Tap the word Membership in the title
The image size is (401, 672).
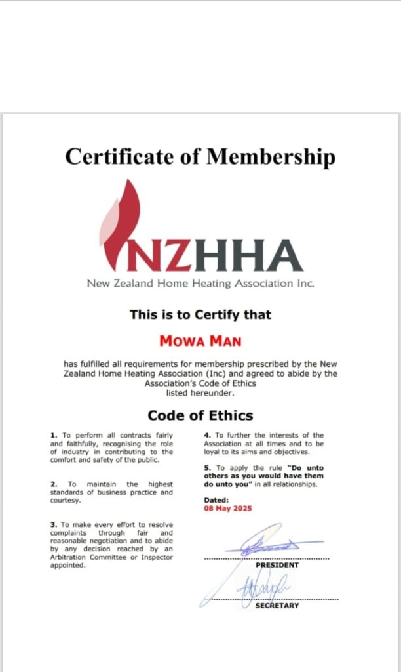[x=271, y=157]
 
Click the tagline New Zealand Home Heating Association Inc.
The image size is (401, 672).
[x=200, y=283]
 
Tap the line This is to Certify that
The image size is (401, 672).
[x=200, y=314]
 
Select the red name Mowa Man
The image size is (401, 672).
[x=200, y=341]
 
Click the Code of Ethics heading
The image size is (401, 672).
[x=200, y=415]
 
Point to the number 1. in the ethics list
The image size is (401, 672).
[x=54, y=435]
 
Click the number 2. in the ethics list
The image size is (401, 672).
[x=54, y=484]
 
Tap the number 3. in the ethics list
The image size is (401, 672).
[x=54, y=525]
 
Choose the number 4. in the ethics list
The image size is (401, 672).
[x=207, y=435]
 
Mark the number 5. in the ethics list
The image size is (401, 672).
[x=207, y=468]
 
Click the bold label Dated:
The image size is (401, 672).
[x=217, y=500]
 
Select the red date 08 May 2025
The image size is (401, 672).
[x=228, y=509]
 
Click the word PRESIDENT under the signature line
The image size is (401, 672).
[x=277, y=565]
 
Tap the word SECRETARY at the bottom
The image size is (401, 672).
[x=277, y=606]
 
